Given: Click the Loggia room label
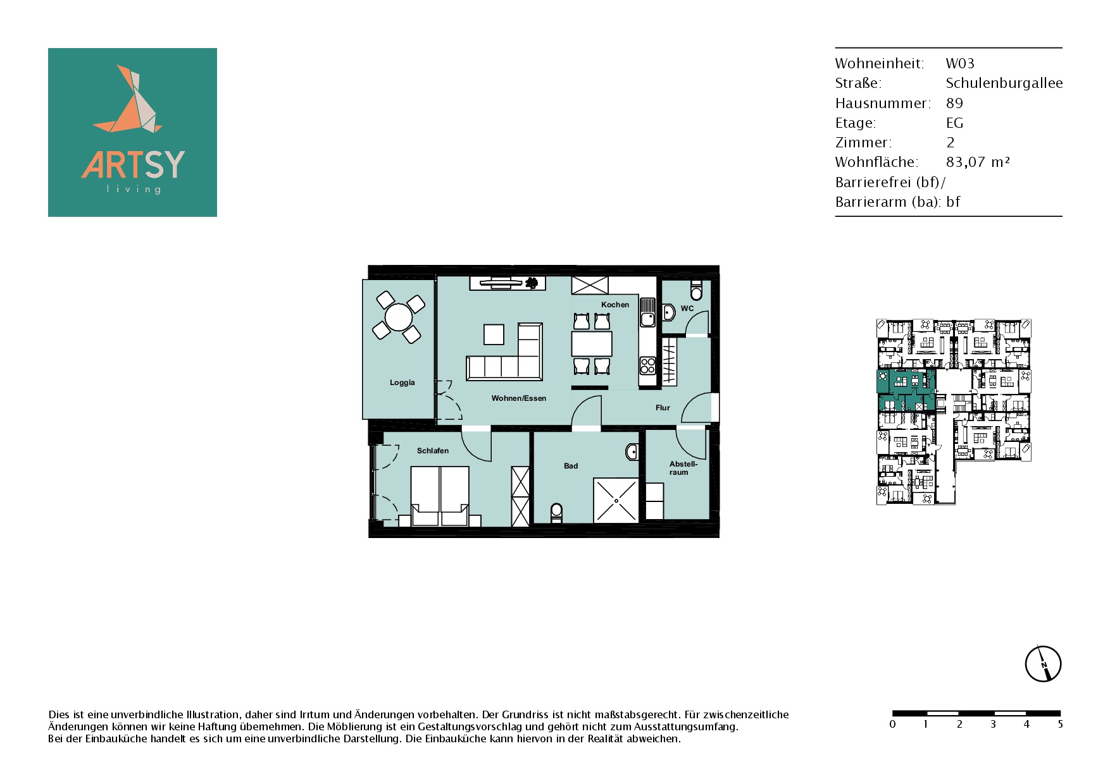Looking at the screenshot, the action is pyautogui.click(x=402, y=383).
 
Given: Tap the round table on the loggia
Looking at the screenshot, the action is pyautogui.click(x=399, y=317).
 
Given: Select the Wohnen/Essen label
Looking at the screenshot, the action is pyautogui.click(x=519, y=398).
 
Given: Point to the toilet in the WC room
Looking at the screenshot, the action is pyautogui.click(x=697, y=291).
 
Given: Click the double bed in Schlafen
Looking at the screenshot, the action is pyautogui.click(x=440, y=496).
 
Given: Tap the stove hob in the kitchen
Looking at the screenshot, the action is pyautogui.click(x=647, y=366).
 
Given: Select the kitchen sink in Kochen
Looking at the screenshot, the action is pyautogui.click(x=647, y=312).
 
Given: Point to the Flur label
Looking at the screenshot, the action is pyautogui.click(x=663, y=408).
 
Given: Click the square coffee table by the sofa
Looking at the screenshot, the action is pyautogui.click(x=494, y=334).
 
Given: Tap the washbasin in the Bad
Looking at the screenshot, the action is pyautogui.click(x=632, y=451).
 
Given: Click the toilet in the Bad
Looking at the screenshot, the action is pyautogui.click(x=557, y=512).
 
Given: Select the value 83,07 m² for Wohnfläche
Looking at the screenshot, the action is pyautogui.click(x=978, y=162).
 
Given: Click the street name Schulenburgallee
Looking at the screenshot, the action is pyautogui.click(x=1004, y=83).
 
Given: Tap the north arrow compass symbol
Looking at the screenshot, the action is pyautogui.click(x=1043, y=664).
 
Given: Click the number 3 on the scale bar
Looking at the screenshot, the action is pyautogui.click(x=993, y=725).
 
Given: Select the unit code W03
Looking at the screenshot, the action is pyautogui.click(x=960, y=63).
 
